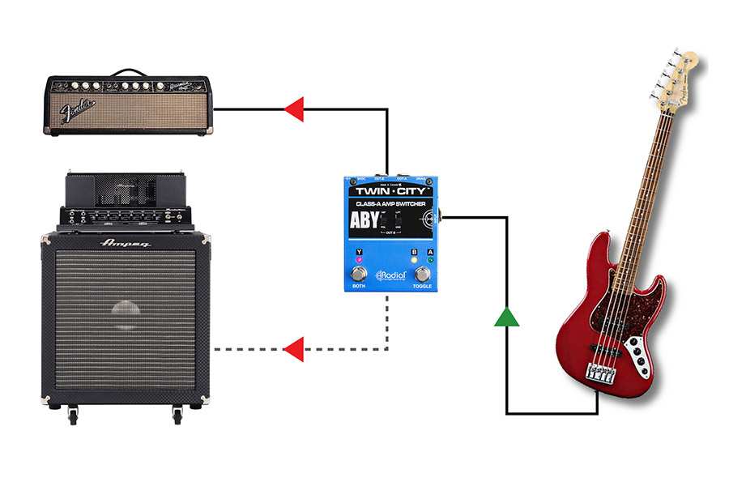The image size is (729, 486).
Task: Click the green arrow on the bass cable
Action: tap(506, 317)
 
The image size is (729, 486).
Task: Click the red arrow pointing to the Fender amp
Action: tap(294, 109)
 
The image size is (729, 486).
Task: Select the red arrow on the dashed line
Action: tap(294, 349)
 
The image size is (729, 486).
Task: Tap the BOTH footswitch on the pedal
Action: tap(359, 274)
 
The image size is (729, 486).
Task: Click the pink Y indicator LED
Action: tap(359, 260)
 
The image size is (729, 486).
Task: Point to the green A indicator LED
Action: tap(430, 260)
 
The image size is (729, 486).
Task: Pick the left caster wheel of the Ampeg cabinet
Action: tap(73, 416)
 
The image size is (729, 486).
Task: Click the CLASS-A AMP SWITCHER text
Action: tap(390, 203)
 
